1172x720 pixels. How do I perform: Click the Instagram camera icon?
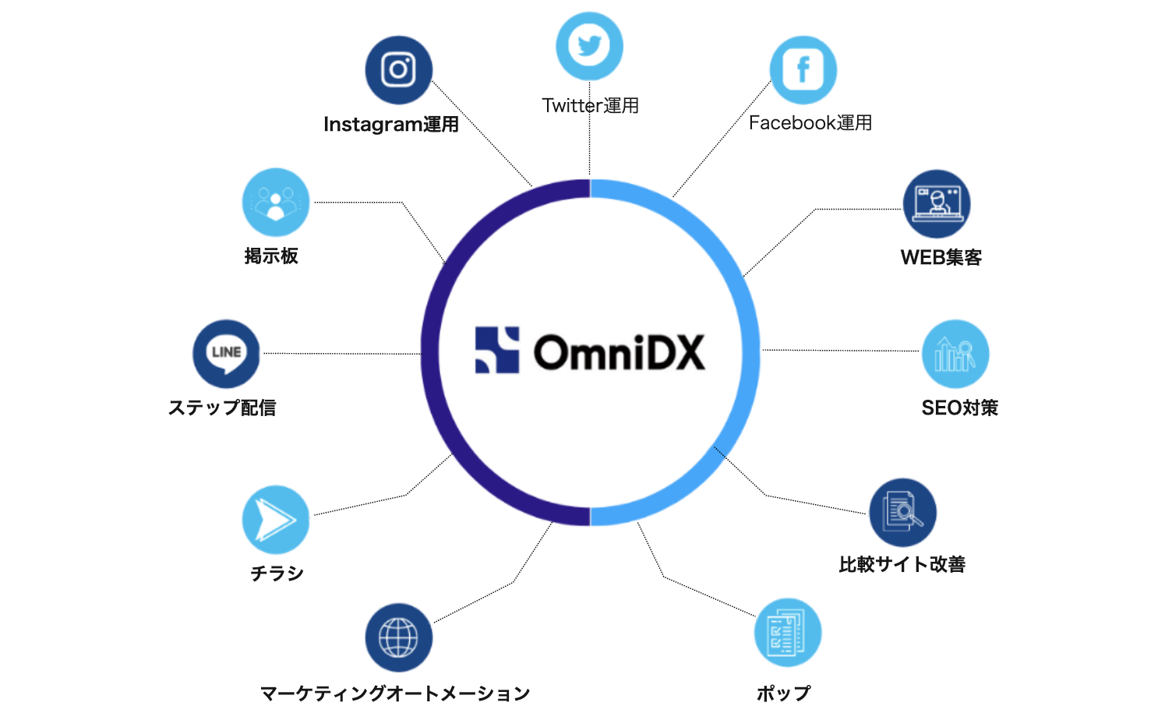pos(398,70)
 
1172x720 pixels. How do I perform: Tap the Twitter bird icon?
pos(589,46)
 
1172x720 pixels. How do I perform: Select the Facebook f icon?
pos(803,70)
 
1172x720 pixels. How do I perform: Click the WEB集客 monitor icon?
pos(937,204)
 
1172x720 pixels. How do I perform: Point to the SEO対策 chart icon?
pos(955,354)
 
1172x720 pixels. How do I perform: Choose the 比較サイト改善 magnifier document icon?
pos(902,512)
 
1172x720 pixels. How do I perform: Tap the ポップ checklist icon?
pos(787,633)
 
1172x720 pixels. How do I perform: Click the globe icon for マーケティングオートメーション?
pos(398,637)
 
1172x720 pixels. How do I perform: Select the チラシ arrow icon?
pos(275,520)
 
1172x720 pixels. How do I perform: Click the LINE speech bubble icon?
pos(226,354)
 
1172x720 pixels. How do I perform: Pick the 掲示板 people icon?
pos(275,203)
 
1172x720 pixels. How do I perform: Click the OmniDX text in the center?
pos(619,352)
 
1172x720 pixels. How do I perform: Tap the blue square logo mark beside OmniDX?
pos(497,350)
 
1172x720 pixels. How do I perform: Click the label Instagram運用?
pos(391,125)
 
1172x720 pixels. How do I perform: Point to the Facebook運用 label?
pos(810,123)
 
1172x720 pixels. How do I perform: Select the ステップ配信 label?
pos(222,408)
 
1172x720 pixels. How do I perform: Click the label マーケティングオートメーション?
pos(394,694)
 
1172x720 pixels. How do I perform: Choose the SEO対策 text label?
pos(959,408)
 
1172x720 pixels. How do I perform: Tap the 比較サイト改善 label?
pos(902,564)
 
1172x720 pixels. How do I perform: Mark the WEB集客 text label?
pos(941,258)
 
